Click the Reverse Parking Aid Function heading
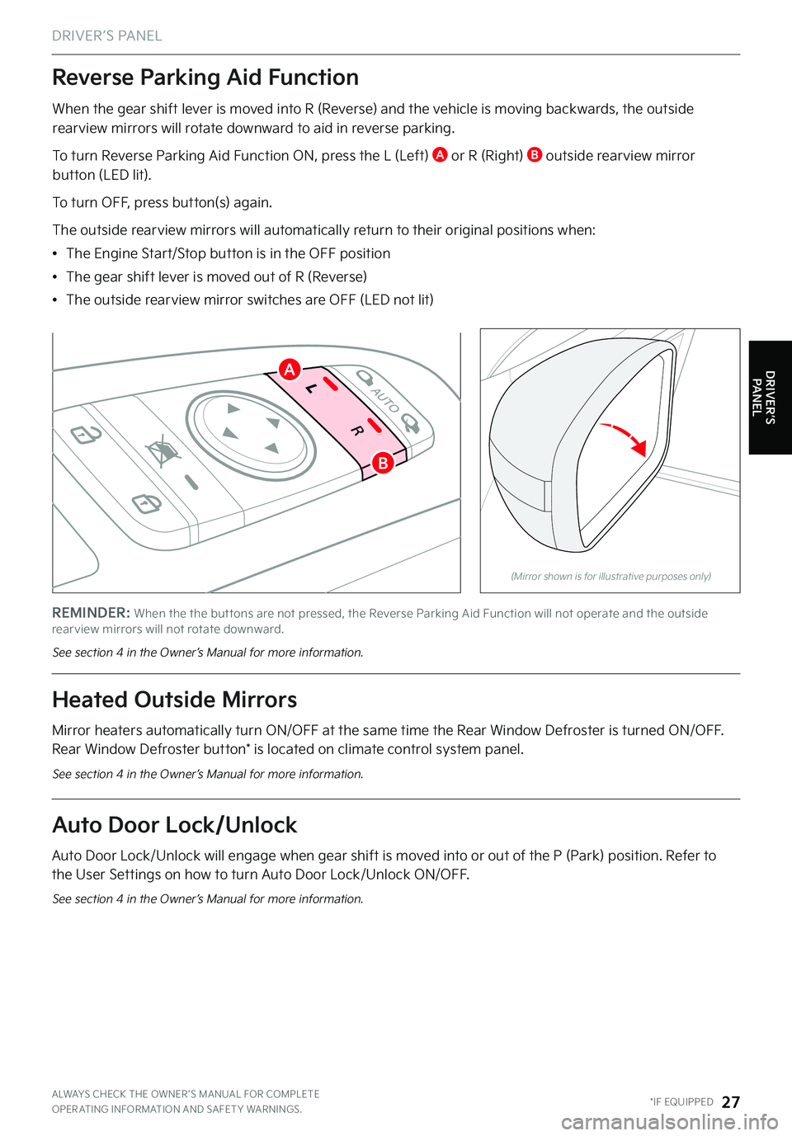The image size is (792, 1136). (x=205, y=78)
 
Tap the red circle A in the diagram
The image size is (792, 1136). (x=290, y=370)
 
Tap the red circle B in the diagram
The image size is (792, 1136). (x=383, y=463)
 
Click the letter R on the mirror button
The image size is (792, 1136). (x=357, y=431)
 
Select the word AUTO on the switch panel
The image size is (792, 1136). (x=385, y=399)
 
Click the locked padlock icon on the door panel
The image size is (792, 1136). (x=147, y=503)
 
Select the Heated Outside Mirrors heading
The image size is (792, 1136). (x=174, y=700)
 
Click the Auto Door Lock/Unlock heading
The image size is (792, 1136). (x=174, y=825)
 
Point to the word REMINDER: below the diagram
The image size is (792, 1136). (x=92, y=613)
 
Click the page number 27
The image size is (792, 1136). (x=731, y=1102)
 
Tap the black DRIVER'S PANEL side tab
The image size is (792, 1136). (x=771, y=398)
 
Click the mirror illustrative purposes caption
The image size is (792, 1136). (x=610, y=576)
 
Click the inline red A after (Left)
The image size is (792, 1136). (x=440, y=155)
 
